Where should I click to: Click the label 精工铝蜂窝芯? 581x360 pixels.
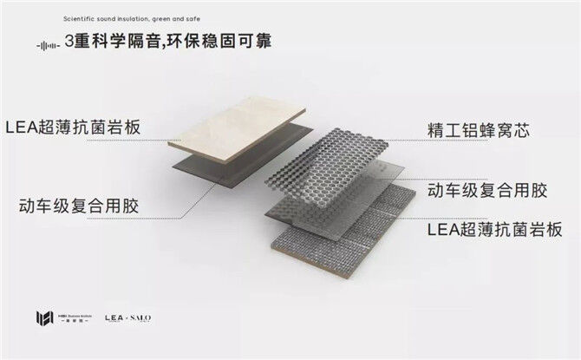(x=480, y=132)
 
